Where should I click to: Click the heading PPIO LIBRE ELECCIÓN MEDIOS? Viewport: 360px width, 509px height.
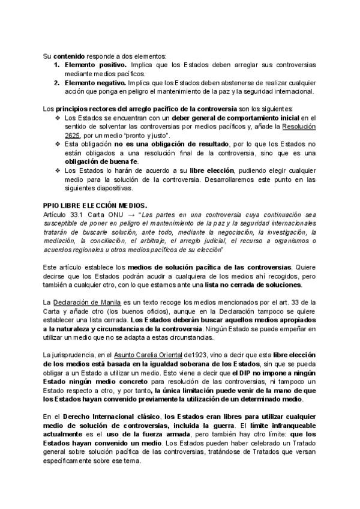point(95,205)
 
